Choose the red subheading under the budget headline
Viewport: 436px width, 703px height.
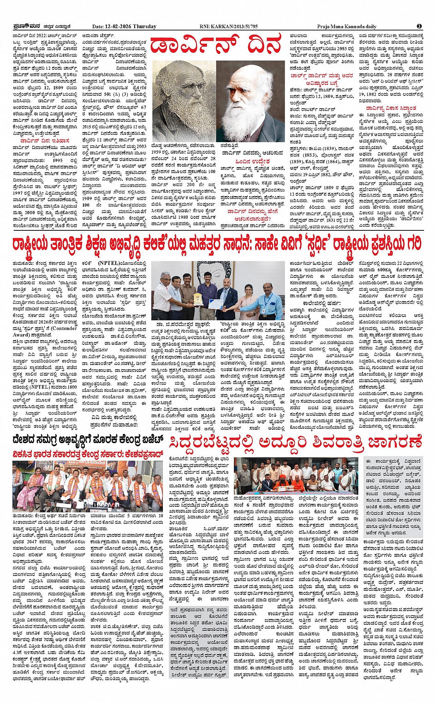pyautogui.click(x=88, y=452)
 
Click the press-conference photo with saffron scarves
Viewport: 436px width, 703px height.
pyautogui.click(x=88, y=484)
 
